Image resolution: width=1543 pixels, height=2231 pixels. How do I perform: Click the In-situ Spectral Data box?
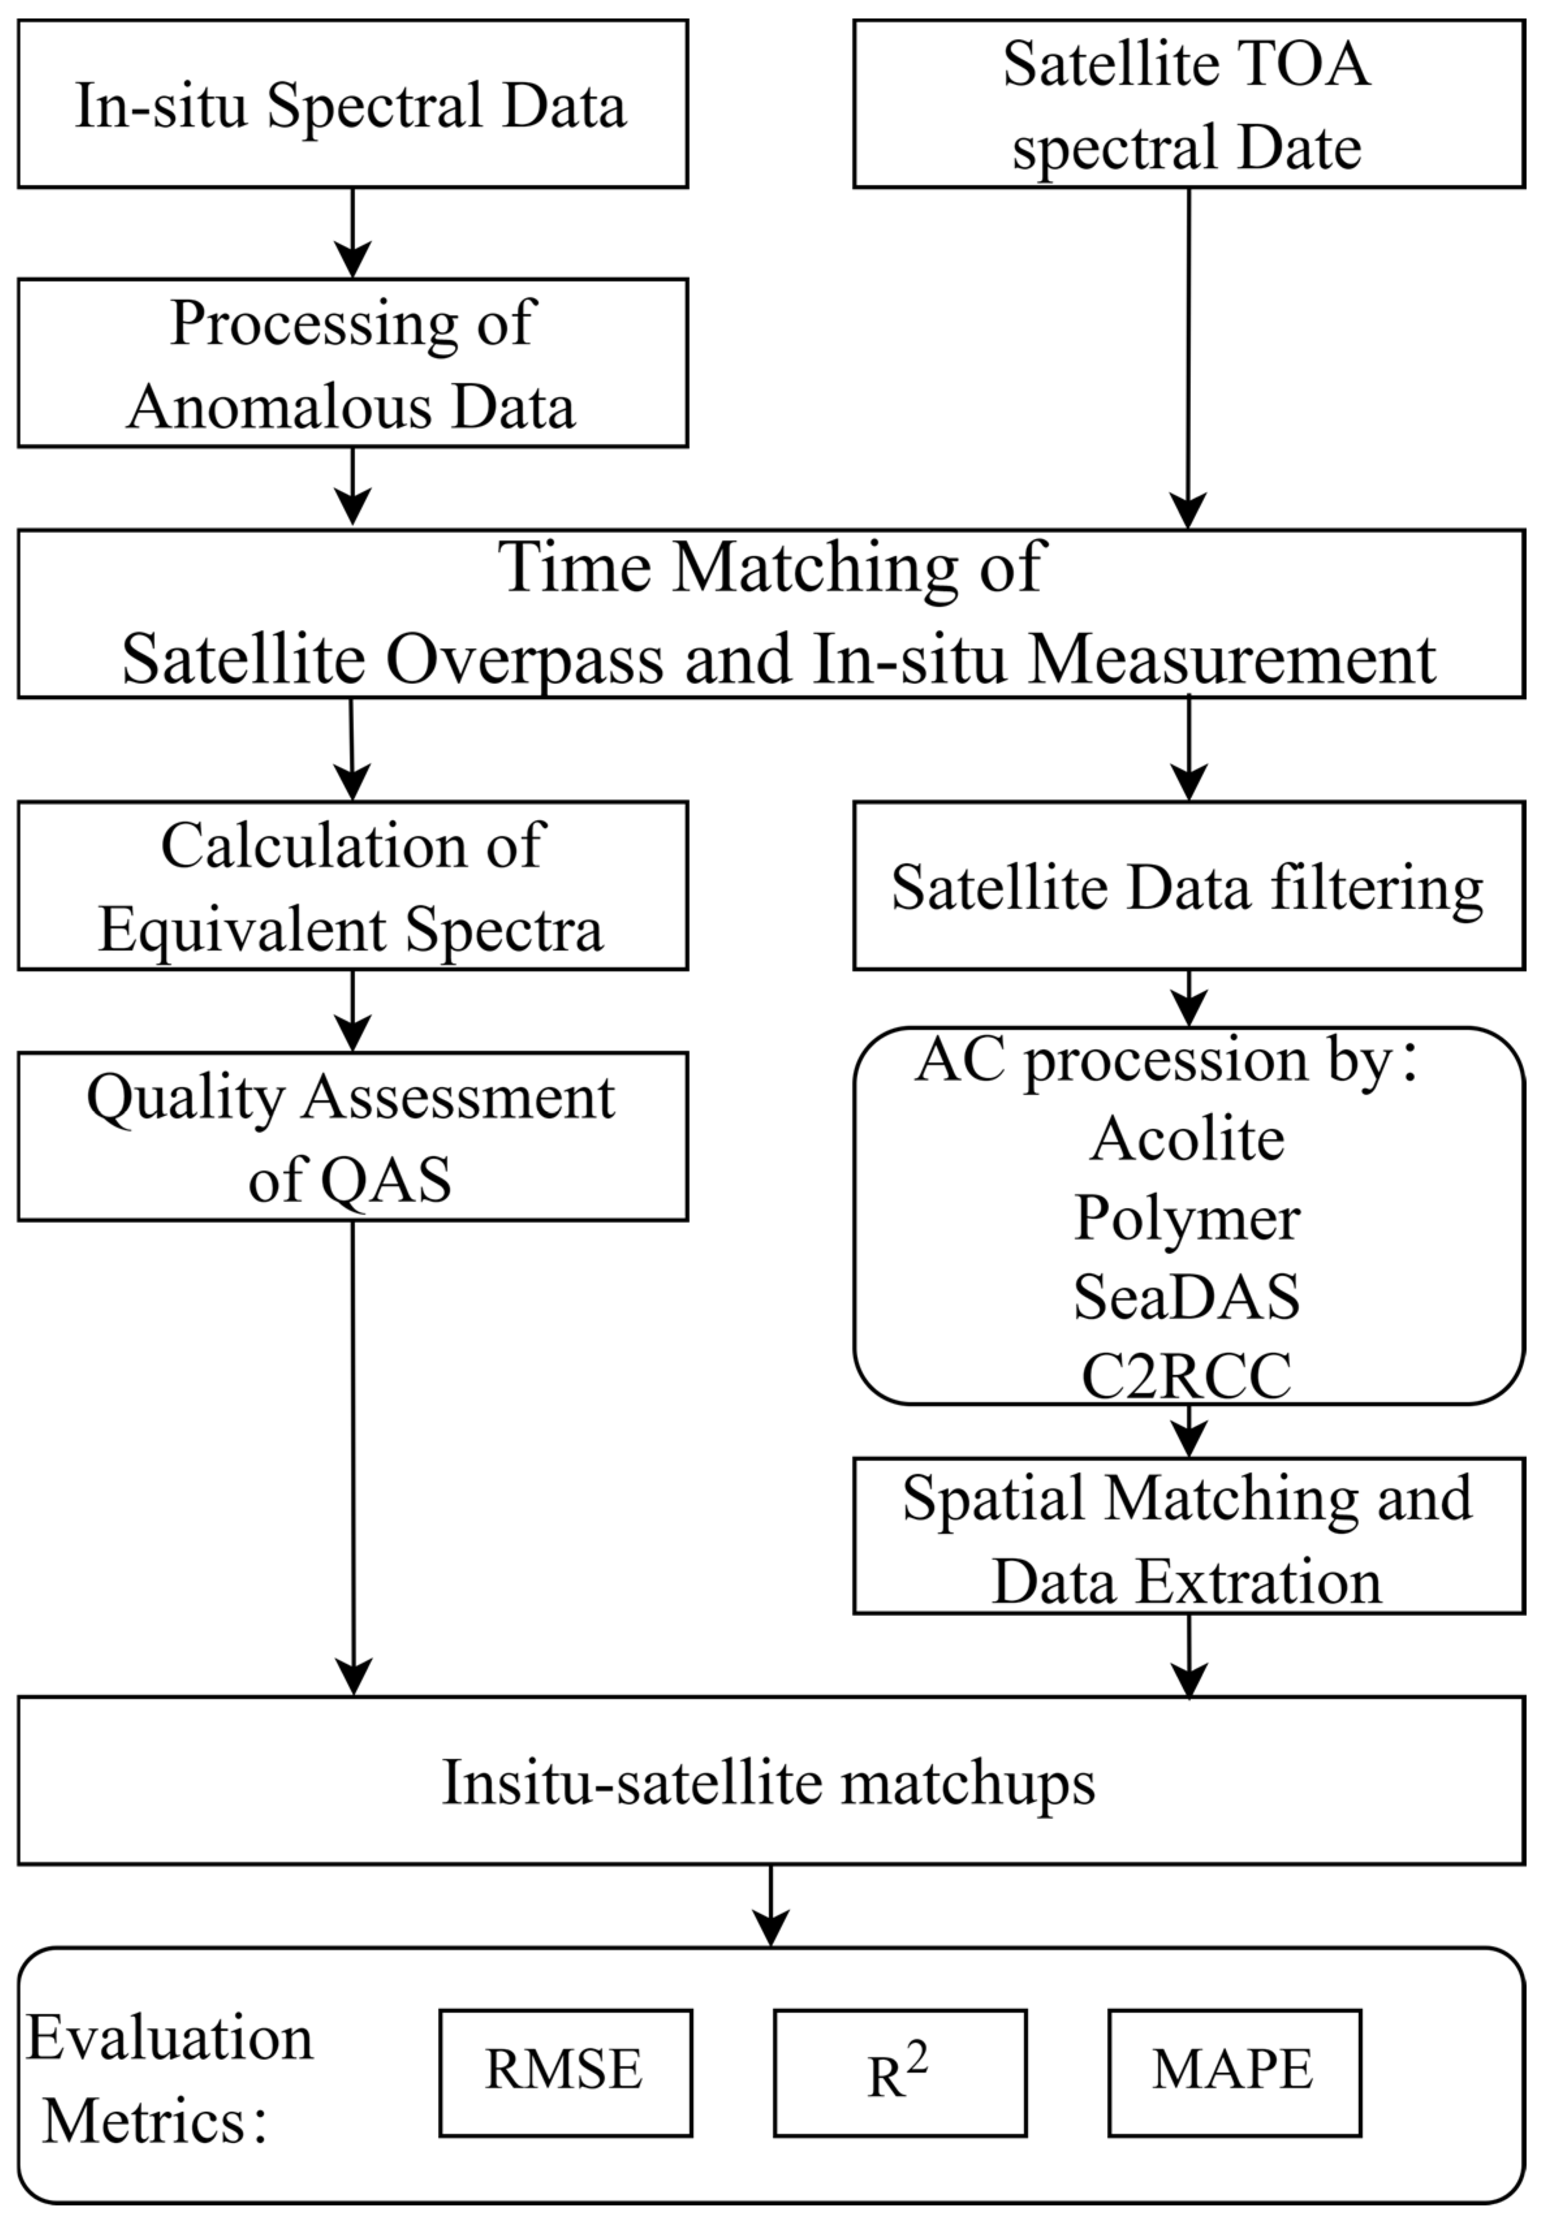(352, 104)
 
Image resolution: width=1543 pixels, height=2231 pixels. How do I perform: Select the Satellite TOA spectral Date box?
(1188, 104)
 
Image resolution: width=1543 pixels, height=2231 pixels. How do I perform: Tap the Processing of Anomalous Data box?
(352, 363)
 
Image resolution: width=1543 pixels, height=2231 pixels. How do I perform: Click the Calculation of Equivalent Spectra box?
(352, 886)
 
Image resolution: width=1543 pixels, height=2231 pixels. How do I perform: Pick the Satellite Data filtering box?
(1188, 886)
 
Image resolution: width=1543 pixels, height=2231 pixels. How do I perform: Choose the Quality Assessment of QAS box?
(352, 1137)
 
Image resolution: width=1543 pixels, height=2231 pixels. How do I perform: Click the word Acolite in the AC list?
(1188, 1139)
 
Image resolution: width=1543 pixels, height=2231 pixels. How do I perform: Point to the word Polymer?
(1188, 1217)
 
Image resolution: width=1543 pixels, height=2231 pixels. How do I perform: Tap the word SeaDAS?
(1188, 1296)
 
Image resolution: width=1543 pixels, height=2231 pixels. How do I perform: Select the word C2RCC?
(1188, 1375)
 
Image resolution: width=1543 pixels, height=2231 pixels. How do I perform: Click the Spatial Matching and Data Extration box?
(1188, 1539)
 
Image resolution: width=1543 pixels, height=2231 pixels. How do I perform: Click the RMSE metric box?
(566, 2072)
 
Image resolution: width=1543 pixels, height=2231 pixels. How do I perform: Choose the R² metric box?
(899, 2072)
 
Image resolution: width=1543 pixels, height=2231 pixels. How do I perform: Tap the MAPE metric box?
(1234, 2072)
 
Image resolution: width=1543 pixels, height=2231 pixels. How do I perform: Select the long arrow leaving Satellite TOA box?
(1188, 358)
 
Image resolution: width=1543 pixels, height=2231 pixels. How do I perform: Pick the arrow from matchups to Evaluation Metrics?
(771, 1905)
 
